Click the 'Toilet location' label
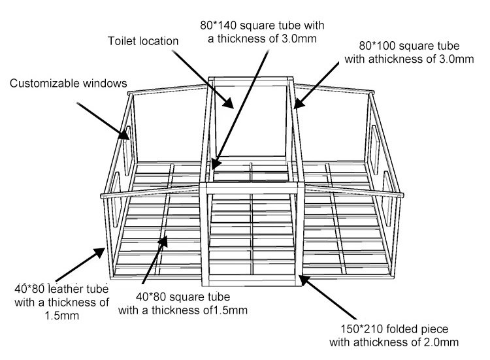142,41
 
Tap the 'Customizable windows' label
68,84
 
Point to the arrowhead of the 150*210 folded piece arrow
301,277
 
